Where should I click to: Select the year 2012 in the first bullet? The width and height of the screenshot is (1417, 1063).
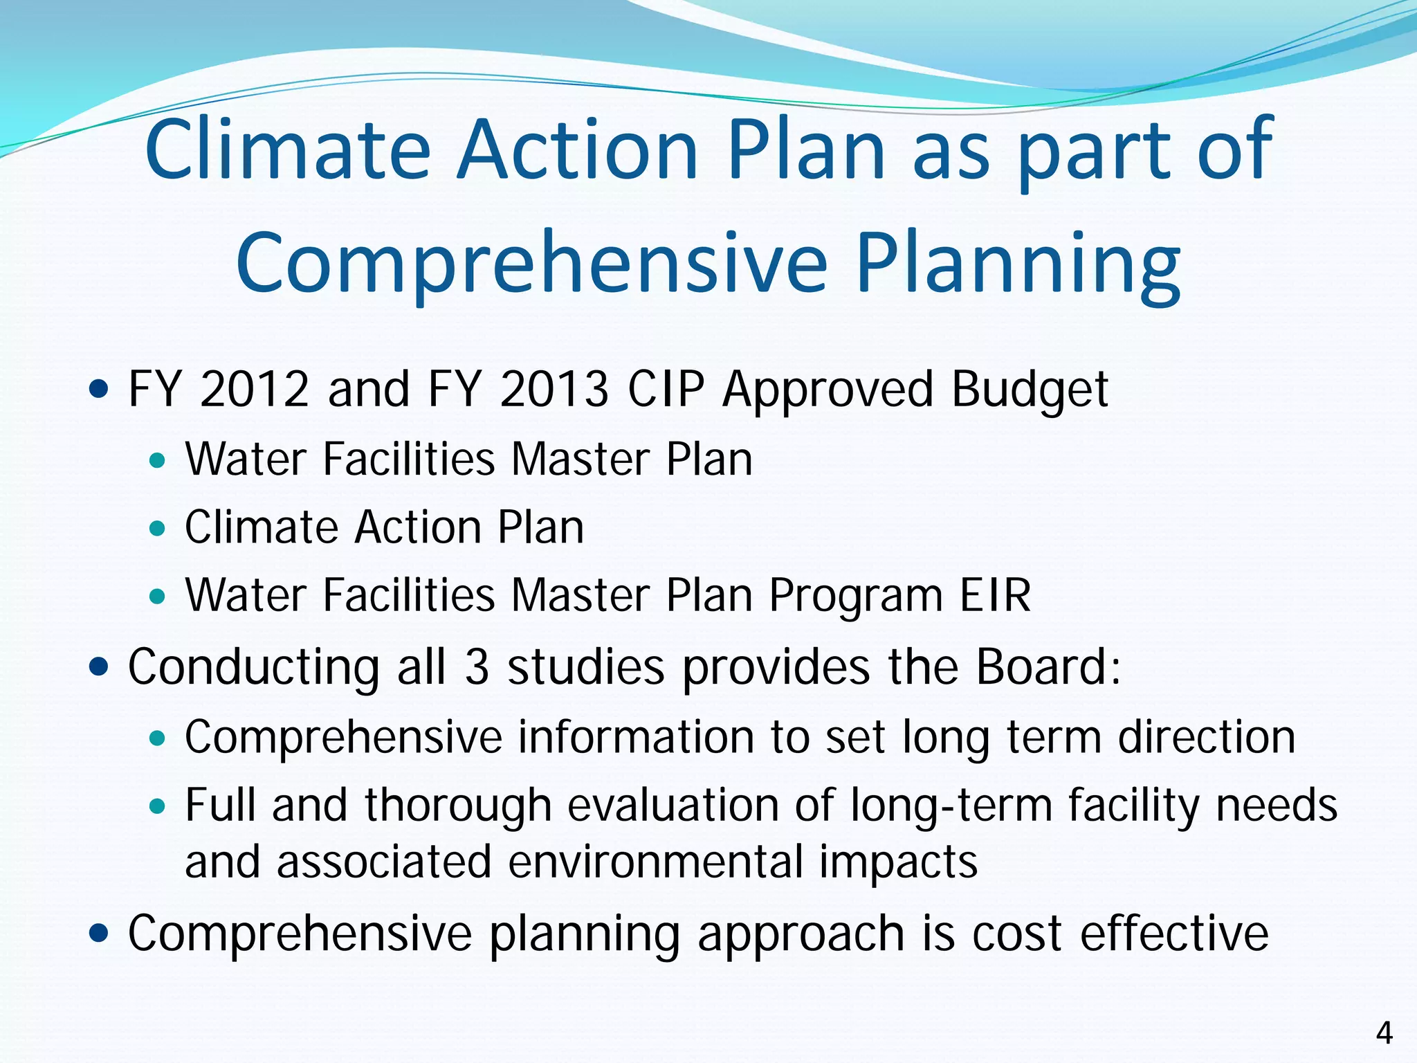click(x=254, y=389)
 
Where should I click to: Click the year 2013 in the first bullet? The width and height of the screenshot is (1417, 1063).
click(x=554, y=389)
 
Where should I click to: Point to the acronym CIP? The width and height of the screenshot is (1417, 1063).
click(x=666, y=389)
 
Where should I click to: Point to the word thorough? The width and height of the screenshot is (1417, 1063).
click(x=457, y=807)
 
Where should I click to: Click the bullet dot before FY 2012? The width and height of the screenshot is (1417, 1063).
click(x=100, y=390)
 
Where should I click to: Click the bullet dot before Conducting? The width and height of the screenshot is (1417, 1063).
click(x=100, y=668)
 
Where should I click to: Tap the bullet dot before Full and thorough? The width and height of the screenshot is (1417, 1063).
click(x=158, y=806)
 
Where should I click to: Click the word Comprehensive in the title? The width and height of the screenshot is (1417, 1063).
click(x=531, y=266)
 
